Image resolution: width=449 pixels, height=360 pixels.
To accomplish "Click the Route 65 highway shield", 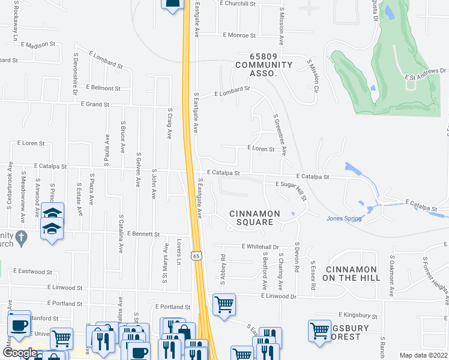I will coord(196,256).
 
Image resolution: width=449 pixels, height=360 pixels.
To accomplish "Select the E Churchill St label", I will coord(238,4).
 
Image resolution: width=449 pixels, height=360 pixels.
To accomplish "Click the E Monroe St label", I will coord(239,35).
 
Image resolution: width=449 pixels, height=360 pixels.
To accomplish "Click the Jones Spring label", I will coord(344,218).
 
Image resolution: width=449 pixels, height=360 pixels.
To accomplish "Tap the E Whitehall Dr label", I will coord(261,247).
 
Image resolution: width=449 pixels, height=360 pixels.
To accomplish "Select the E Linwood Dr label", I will coord(279,296).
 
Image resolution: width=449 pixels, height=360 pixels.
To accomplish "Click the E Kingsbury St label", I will coord(358,315).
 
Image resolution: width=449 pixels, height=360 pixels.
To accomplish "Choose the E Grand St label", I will coord(95,104).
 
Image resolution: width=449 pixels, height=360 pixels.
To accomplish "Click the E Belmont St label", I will coord(103,88).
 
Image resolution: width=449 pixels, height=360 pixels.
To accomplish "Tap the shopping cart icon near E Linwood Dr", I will coord(224,304).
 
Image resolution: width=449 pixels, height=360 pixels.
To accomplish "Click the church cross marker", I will coord(21,237).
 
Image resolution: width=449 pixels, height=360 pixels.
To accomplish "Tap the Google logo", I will coord(19,353).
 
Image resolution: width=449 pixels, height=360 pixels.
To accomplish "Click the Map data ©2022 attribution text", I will coord(423,355).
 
